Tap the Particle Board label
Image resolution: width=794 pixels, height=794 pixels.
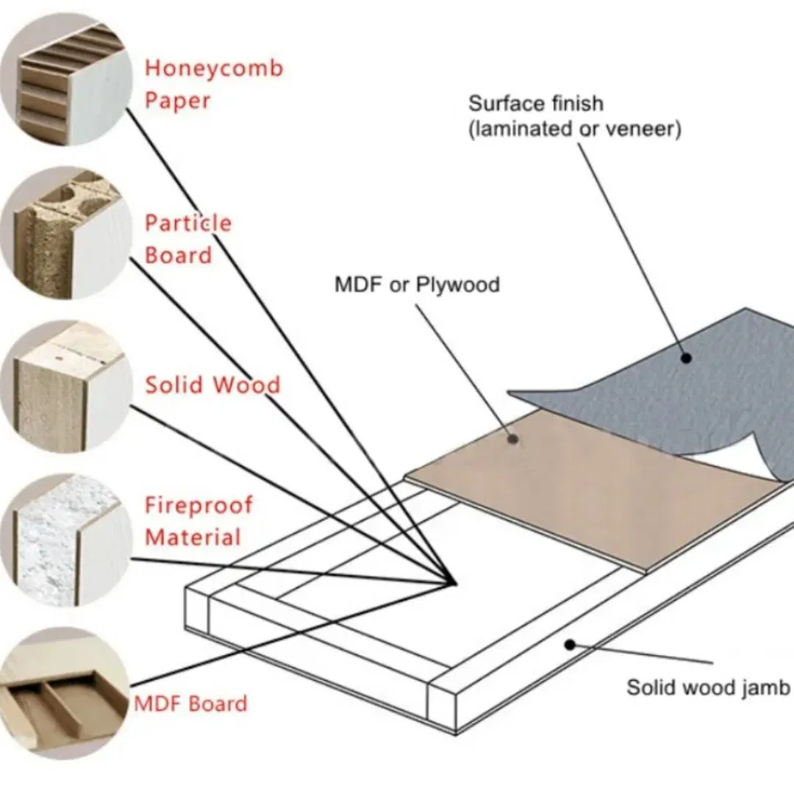click(187, 239)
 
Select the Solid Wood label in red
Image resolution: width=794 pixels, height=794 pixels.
click(212, 385)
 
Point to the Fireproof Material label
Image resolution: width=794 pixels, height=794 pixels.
click(198, 521)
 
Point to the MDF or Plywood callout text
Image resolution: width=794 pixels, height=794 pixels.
click(417, 284)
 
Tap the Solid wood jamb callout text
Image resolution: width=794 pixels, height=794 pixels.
click(707, 687)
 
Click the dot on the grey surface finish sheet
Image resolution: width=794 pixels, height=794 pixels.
click(686, 358)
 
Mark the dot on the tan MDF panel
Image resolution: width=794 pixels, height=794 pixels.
click(515, 439)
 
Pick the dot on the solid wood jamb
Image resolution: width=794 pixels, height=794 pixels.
click(569, 644)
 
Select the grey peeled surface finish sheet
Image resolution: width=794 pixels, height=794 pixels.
click(706, 397)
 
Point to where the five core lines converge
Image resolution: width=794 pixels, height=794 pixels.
click(450, 584)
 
